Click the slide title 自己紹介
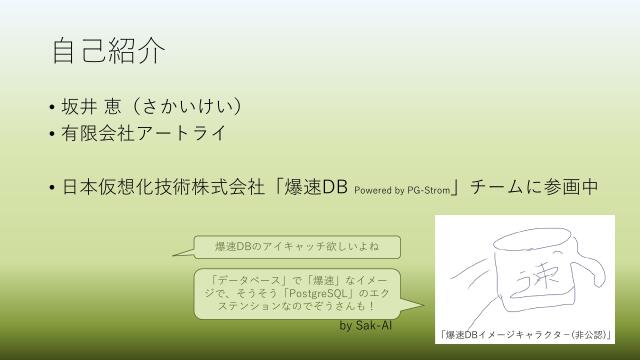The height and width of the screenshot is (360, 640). click(x=108, y=49)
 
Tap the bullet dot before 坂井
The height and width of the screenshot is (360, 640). click(x=51, y=107)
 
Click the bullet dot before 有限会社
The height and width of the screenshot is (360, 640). click(x=51, y=133)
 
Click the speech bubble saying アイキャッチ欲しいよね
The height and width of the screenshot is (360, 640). click(x=293, y=247)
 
